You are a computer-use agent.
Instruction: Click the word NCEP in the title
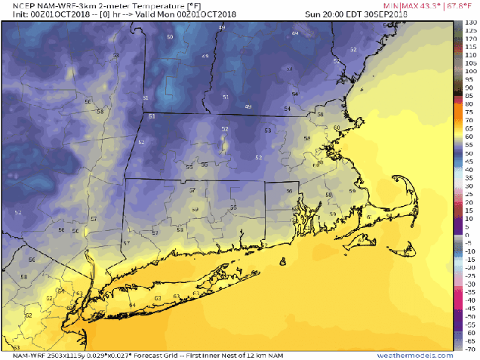tap(16, 5)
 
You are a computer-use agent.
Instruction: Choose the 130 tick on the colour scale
tap(469, 23)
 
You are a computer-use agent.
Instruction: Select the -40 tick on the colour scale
tap(469, 300)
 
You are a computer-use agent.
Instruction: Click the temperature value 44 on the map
tap(294, 34)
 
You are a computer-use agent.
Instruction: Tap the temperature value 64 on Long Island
tap(132, 305)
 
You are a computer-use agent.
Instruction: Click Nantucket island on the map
tap(414, 254)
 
